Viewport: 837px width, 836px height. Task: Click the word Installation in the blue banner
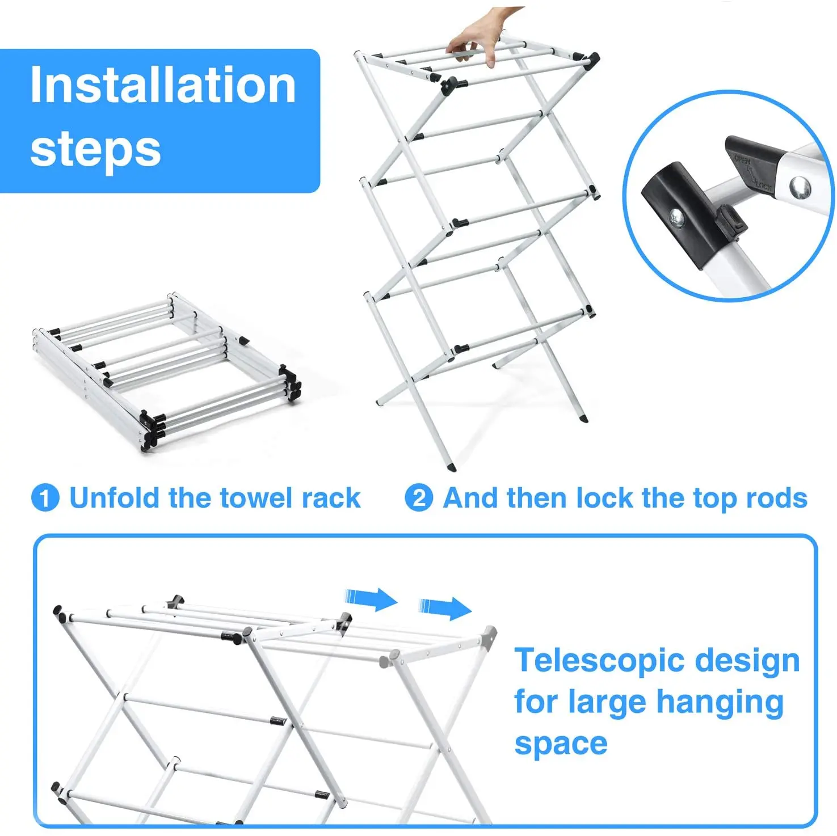click(x=163, y=85)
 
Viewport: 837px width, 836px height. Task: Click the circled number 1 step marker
click(x=45, y=498)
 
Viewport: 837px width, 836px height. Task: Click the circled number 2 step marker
click(x=419, y=498)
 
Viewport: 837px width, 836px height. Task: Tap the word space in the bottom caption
click(x=560, y=743)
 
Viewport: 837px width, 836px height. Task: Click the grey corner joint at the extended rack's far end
click(x=489, y=635)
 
